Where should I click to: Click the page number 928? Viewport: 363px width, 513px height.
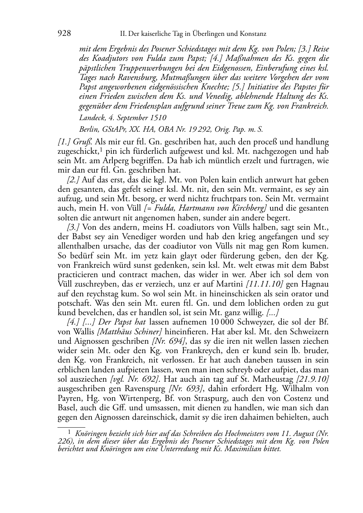click(x=64, y=34)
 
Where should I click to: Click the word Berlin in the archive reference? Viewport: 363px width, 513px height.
click(x=88, y=129)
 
